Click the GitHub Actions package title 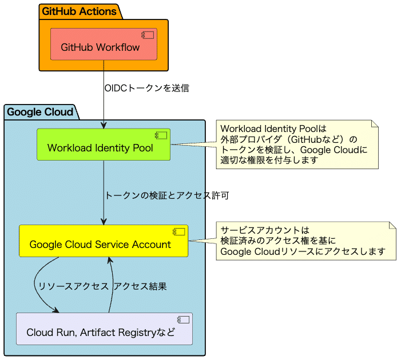pyautogui.click(x=79, y=11)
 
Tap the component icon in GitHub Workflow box pyautogui.click(x=148, y=35)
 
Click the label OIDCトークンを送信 pyautogui.click(x=146, y=89)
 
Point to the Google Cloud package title pyautogui.click(x=40, y=112)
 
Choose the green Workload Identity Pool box pyautogui.click(x=103, y=148)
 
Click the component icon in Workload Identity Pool pyautogui.click(x=161, y=136)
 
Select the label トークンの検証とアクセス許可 pyautogui.click(x=166, y=195)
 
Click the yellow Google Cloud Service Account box pyautogui.click(x=103, y=244)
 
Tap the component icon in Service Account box pyautogui.click(x=180, y=232)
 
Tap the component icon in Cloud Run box pyautogui.click(x=184, y=320)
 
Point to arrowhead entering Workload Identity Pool pyautogui.click(x=104, y=125)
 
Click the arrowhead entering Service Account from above pyautogui.click(x=104, y=221)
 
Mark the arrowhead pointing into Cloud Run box pyautogui.click(x=56, y=310)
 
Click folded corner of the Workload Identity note pyautogui.click(x=375, y=123)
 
